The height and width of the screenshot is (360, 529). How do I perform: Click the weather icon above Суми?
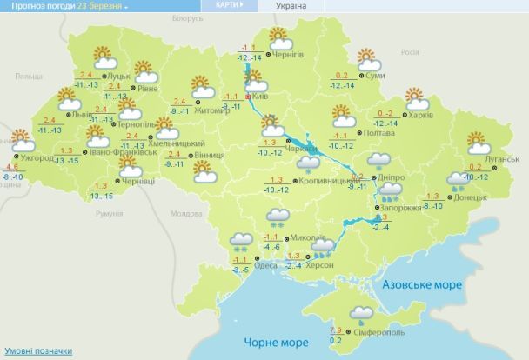click(x=369, y=59)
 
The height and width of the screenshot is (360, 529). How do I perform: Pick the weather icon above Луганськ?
click(x=477, y=142)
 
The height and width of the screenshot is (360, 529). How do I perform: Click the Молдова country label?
click(x=186, y=213)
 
